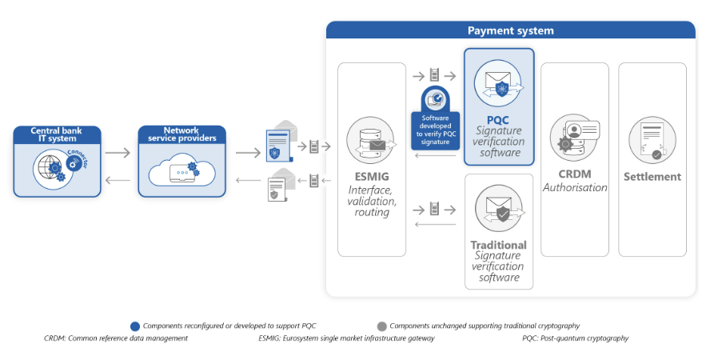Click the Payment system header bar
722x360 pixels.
point(510,30)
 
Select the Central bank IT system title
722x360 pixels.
point(58,134)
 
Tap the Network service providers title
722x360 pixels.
point(181,134)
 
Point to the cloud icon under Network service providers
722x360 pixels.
point(181,171)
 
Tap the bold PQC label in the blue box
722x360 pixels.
point(498,119)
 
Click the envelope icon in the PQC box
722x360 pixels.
point(498,82)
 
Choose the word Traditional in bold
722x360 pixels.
point(498,245)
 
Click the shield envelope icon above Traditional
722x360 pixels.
point(498,209)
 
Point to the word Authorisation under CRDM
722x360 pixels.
point(575,188)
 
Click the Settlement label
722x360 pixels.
point(652,177)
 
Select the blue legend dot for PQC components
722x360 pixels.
point(134,326)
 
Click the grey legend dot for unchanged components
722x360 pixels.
point(382,326)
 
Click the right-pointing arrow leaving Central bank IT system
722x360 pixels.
point(118,153)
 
